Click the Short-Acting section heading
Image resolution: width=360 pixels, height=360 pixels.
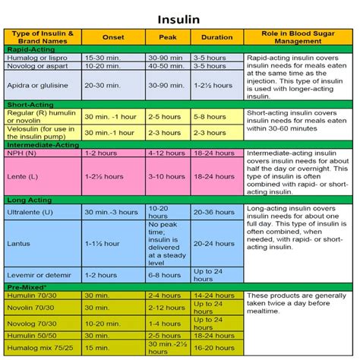[x=28, y=104]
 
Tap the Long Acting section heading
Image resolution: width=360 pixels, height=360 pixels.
[x=27, y=201]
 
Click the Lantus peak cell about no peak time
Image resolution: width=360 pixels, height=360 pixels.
[x=168, y=243]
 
